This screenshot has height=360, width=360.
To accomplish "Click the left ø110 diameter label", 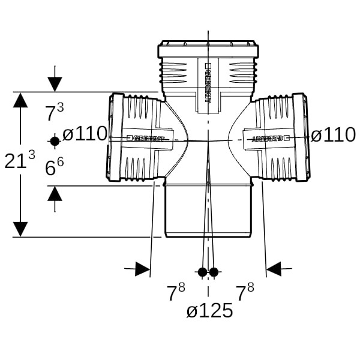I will [x=85, y=134].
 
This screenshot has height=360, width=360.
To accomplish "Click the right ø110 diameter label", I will [x=334, y=135].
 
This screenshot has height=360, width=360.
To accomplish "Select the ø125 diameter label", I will [x=209, y=311].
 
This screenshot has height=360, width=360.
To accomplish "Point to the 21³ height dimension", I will [x=19, y=160].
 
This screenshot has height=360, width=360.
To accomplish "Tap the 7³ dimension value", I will [x=55, y=113].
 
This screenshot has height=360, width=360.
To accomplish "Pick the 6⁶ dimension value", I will [x=55, y=167].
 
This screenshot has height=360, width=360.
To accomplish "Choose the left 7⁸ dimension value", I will [x=176, y=293].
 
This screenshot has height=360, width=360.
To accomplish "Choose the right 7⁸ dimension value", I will [x=244, y=293].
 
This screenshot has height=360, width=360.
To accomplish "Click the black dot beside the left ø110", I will [x=55, y=141].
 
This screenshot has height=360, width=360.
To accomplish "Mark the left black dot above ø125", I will [x=202, y=272].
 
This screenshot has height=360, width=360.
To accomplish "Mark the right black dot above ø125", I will [x=214, y=272].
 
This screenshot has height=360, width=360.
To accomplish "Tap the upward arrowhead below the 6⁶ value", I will [x=55, y=193].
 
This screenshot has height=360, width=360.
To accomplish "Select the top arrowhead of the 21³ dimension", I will [x=20, y=100].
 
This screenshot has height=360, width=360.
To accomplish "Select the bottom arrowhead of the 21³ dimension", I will [x=20, y=229].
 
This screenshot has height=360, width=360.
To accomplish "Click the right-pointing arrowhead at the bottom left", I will [x=142, y=269].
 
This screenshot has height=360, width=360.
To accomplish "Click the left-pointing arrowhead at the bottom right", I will [x=274, y=269].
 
